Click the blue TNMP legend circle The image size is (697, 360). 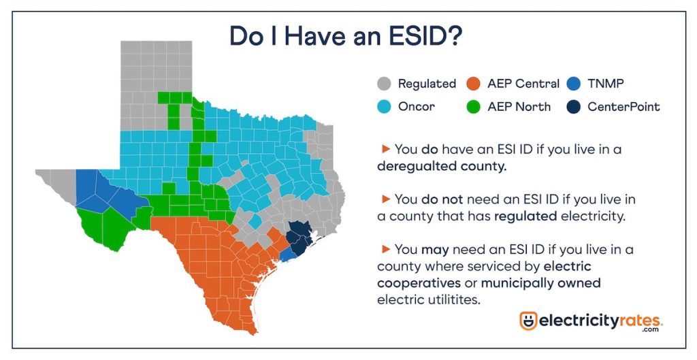tap(574, 84)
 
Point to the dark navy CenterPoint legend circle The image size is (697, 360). tap(574, 107)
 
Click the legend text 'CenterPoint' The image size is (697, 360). tap(623, 107)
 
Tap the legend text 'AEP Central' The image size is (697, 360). tap(523, 84)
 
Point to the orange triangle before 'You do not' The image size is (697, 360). tap(386, 200)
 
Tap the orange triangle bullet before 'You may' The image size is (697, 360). tap(386, 250)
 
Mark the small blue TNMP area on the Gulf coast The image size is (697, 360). tap(288, 254)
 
